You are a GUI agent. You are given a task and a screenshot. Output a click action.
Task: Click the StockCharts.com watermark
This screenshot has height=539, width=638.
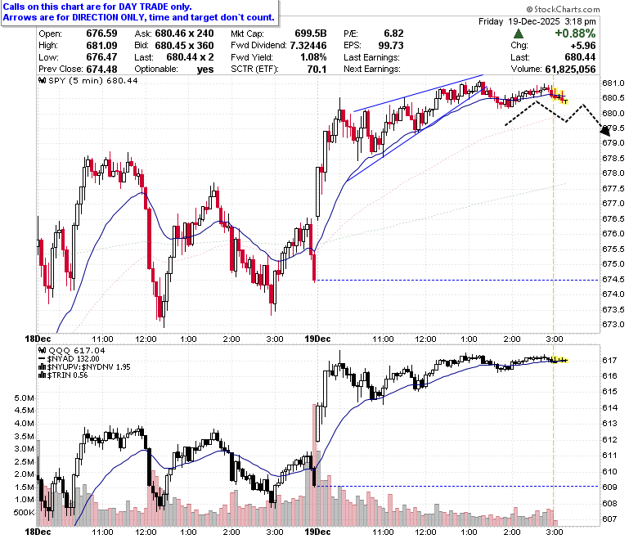pyautogui.click(x=563, y=9)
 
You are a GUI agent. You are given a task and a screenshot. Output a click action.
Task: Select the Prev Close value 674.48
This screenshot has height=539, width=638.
pyautogui.click(x=101, y=70)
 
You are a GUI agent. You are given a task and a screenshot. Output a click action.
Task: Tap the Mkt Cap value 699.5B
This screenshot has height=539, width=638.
pyautogui.click(x=311, y=34)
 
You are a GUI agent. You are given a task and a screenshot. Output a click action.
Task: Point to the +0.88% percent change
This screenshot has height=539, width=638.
pyautogui.click(x=575, y=34)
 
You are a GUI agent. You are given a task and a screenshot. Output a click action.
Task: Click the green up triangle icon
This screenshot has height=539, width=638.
pyautogui.click(x=519, y=34)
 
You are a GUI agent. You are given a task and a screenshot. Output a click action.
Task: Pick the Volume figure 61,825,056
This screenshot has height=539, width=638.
pyautogui.click(x=570, y=70)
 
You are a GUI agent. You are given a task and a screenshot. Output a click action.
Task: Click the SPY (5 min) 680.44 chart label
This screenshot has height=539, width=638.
pyautogui.click(x=88, y=80)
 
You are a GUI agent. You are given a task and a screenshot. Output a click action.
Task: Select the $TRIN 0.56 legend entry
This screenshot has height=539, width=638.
pyautogui.click(x=63, y=375)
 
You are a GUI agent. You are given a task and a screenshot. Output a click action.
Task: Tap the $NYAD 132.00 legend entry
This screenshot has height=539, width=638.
pyautogui.click(x=70, y=359)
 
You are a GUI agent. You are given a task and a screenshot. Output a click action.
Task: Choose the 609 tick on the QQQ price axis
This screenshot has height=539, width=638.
pyautogui.click(x=609, y=487)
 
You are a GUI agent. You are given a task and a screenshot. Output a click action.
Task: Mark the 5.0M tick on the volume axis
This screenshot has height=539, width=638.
pyautogui.click(x=25, y=398)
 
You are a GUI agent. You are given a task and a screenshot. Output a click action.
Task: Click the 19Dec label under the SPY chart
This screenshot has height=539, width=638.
pyautogui.click(x=317, y=339)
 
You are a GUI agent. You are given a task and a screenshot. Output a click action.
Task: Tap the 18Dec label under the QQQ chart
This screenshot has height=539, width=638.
pyautogui.click(x=38, y=532)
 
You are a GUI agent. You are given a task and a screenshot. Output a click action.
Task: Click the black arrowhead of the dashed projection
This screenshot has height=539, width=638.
pyautogui.click(x=606, y=130)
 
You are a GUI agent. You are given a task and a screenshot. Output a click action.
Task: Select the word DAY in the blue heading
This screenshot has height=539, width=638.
pyautogui.click(x=127, y=7)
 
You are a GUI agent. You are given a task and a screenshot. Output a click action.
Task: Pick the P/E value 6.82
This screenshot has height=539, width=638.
pyautogui.click(x=394, y=34)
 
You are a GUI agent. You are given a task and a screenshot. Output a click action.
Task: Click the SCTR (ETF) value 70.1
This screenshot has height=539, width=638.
pyautogui.click(x=317, y=70)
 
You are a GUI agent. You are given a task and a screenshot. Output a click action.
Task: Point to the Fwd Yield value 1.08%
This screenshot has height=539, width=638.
pyautogui.click(x=313, y=57)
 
